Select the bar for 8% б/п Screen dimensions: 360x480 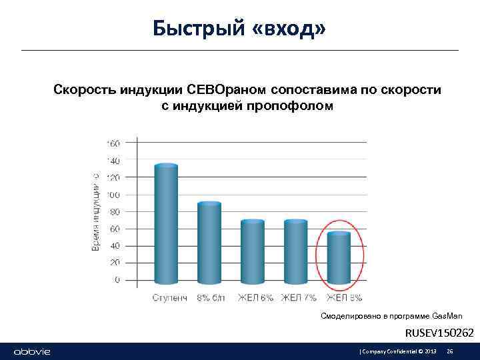click(x=209, y=244)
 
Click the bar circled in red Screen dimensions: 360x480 click(x=339, y=259)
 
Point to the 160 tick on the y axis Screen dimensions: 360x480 click(x=113, y=143)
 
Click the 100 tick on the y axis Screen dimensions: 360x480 click(x=113, y=195)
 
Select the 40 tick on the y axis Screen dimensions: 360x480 click(x=114, y=246)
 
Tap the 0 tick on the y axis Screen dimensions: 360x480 click(x=117, y=280)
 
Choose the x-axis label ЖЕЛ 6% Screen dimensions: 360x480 click(x=255, y=297)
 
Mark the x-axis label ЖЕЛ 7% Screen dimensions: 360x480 click(x=299, y=297)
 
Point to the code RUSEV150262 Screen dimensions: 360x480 click(x=440, y=332)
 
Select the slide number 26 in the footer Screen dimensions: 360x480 click(x=450, y=351)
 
